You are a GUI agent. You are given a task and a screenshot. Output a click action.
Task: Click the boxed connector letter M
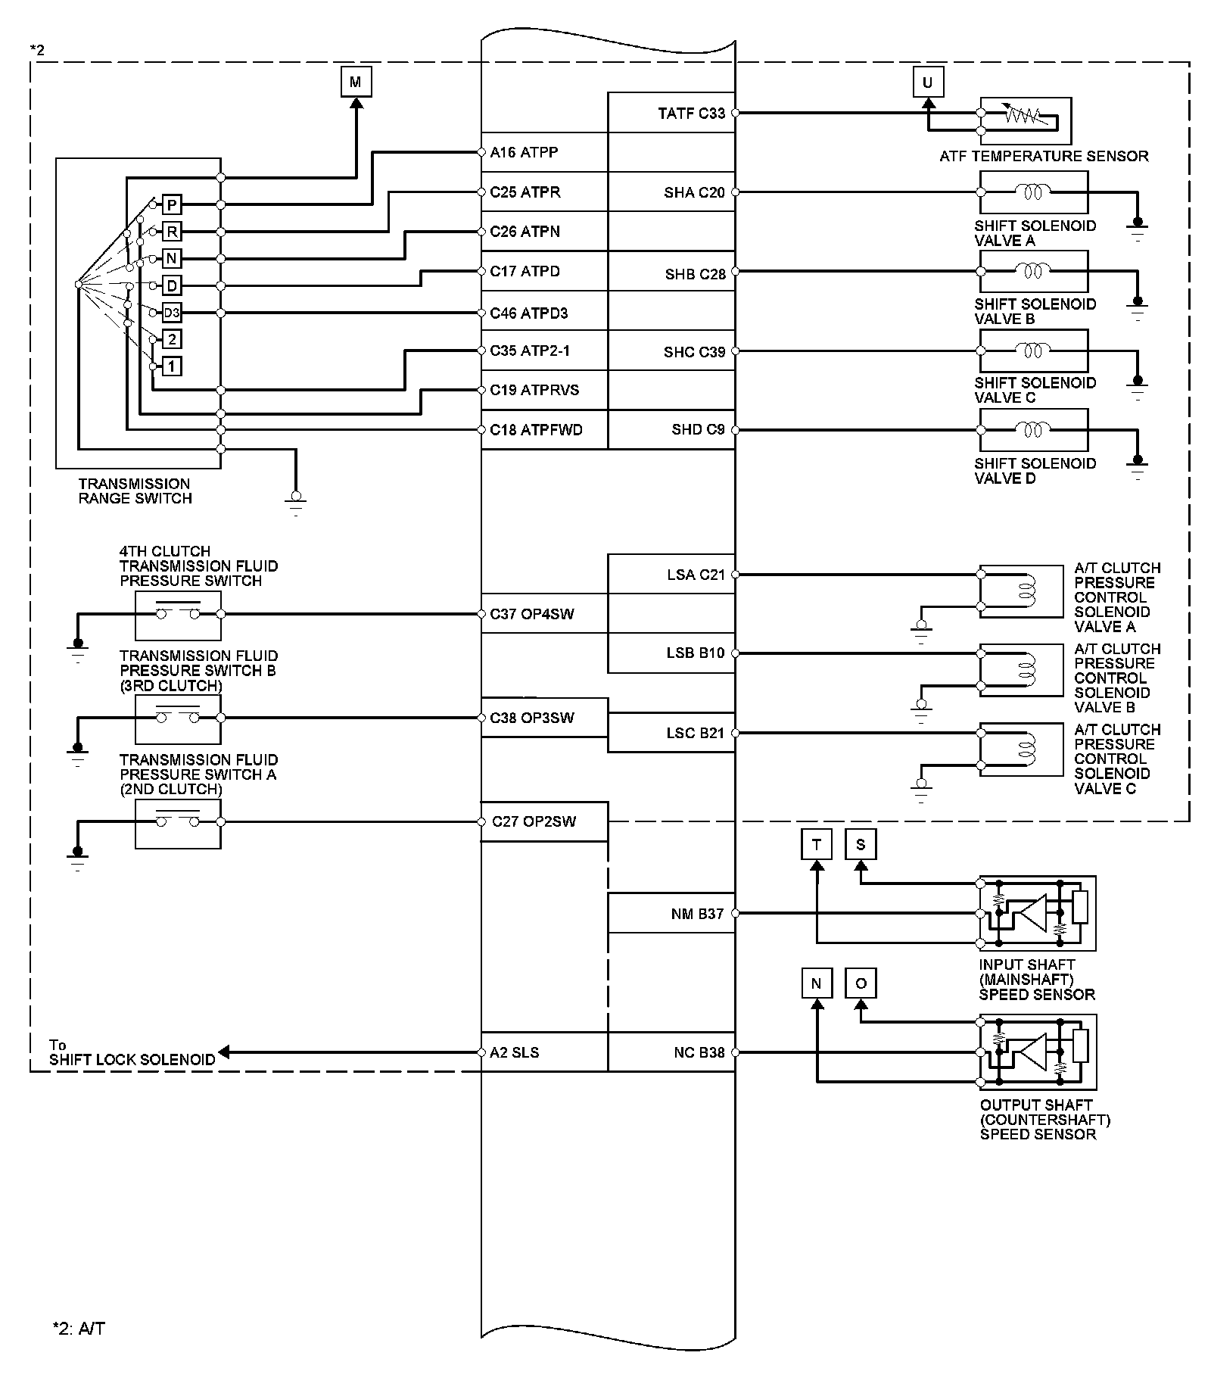coord(356,82)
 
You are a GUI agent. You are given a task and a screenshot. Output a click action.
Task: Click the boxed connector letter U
coord(928,82)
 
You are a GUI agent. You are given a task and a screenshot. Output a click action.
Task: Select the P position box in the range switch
coord(172,204)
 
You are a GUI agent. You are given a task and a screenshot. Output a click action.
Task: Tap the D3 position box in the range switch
coord(172,313)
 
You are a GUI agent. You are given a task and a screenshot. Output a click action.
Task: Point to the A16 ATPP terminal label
coord(524,152)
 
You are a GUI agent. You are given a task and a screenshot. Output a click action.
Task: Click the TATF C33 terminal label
coord(691,114)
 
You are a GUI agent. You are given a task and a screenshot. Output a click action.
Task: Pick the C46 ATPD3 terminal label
coord(528,313)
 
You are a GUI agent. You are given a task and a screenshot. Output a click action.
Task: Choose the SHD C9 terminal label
coord(697,429)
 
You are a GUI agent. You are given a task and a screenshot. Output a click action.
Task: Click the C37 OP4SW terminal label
coord(531,614)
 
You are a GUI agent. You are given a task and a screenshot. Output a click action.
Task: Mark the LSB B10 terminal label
coord(695,653)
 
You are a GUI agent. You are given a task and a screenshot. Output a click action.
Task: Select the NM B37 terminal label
coord(697,914)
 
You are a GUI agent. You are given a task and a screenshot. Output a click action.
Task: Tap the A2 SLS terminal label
coord(514,1052)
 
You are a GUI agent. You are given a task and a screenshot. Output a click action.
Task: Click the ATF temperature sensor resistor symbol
coord(1026,116)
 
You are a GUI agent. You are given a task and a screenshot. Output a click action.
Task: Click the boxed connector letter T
coord(816,844)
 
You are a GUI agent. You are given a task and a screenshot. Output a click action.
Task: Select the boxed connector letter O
coord(861,983)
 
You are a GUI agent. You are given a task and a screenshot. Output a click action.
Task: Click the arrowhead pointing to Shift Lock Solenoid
coord(225,1052)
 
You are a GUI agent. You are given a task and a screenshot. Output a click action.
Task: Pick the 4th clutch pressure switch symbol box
coord(178,615)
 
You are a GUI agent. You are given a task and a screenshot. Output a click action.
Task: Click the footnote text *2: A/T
coord(79,1328)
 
